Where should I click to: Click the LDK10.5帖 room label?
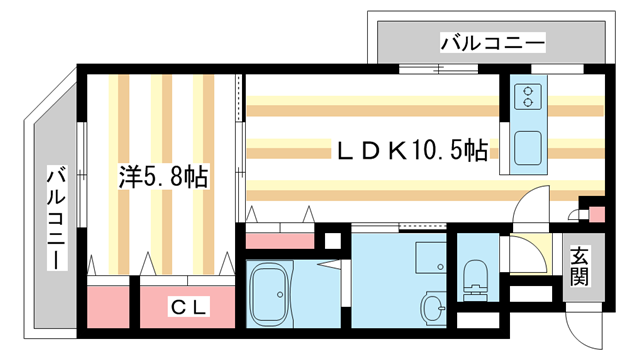(411, 151)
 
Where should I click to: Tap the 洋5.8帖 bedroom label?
(163, 177)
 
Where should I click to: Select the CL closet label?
(189, 307)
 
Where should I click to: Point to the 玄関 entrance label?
(580, 266)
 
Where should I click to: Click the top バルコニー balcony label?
(493, 43)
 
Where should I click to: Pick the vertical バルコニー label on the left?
(57, 218)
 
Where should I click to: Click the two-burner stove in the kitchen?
(528, 97)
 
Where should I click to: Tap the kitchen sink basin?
(528, 148)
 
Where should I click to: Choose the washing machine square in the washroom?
(431, 258)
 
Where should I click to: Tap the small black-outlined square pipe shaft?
(333, 240)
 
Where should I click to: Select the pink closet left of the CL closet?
(108, 307)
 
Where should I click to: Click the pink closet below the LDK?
(280, 240)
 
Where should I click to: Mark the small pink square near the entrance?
(598, 215)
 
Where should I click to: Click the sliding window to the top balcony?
(438, 69)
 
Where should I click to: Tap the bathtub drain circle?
(280, 294)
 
